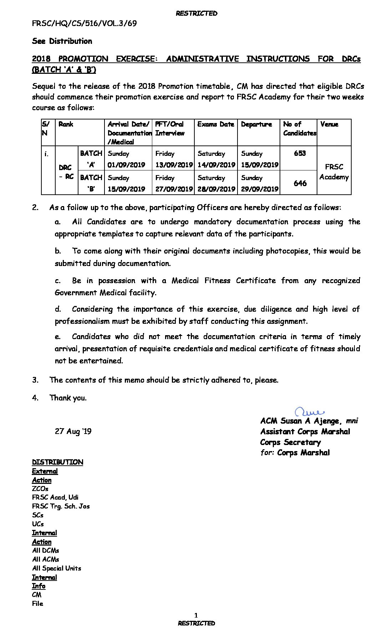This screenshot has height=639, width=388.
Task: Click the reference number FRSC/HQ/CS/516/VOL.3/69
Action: point(85,24)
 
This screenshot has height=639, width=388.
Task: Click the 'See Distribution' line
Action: point(62,41)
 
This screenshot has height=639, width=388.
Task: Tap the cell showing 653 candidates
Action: point(300,153)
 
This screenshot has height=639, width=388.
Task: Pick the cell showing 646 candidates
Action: point(300,183)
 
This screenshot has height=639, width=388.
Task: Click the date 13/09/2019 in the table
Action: point(174,165)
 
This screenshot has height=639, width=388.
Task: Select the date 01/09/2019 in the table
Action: point(126,165)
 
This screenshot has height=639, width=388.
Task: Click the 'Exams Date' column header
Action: point(215,124)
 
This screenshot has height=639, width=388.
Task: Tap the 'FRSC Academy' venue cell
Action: point(334,172)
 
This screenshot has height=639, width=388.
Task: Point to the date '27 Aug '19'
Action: point(73,431)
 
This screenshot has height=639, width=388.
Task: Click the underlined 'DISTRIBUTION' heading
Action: point(57,462)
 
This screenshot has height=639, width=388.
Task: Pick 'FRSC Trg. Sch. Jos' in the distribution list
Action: point(61,506)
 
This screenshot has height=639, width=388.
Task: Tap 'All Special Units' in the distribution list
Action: point(57,568)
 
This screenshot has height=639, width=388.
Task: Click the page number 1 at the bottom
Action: point(196,615)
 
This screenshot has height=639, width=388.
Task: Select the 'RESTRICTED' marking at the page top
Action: point(196,14)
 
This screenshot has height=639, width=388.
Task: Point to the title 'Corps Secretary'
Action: point(290,443)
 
